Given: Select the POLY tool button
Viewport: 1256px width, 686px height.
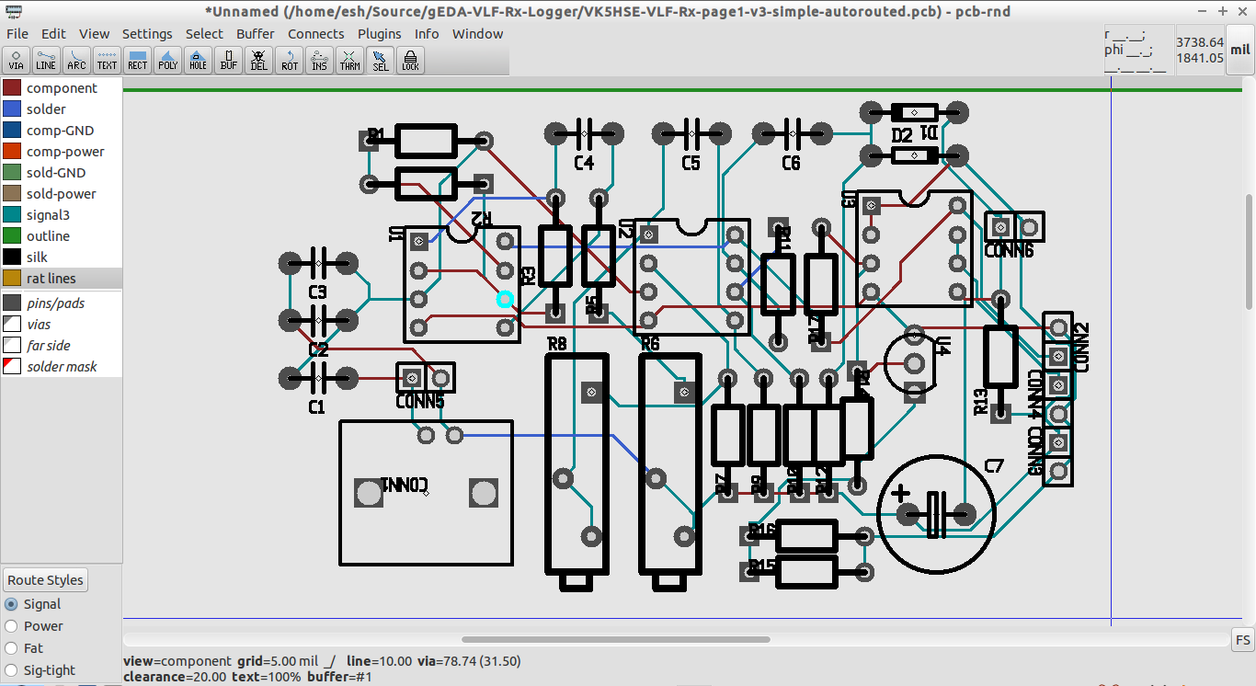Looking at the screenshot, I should [168, 61].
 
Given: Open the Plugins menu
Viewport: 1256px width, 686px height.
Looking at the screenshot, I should [379, 34].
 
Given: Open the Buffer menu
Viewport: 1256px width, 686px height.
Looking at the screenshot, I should [256, 34].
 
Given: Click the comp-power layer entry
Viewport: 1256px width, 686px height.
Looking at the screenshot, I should [64, 152].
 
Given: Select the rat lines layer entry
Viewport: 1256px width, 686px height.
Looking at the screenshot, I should [51, 279].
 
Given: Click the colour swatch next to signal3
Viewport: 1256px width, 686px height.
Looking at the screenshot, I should [12, 215].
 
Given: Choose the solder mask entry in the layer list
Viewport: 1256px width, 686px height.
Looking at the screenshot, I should [62, 367].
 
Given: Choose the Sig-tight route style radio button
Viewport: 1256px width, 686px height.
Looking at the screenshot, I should [11, 670].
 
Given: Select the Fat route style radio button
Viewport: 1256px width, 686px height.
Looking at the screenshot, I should [11, 648].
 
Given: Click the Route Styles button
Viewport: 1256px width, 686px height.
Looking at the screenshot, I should [46, 580].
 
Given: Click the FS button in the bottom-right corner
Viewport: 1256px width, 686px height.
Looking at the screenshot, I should [1242, 640].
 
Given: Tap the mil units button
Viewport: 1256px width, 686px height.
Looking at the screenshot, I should [1240, 51].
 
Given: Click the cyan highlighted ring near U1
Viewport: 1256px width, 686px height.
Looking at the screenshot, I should [505, 299].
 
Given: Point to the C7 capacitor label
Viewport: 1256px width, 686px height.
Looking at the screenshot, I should [994, 466].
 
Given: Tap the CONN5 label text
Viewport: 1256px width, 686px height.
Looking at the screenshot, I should [420, 402].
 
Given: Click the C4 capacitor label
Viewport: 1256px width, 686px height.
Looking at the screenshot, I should [584, 164].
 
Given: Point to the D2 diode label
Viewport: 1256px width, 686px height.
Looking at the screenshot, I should [902, 136].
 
